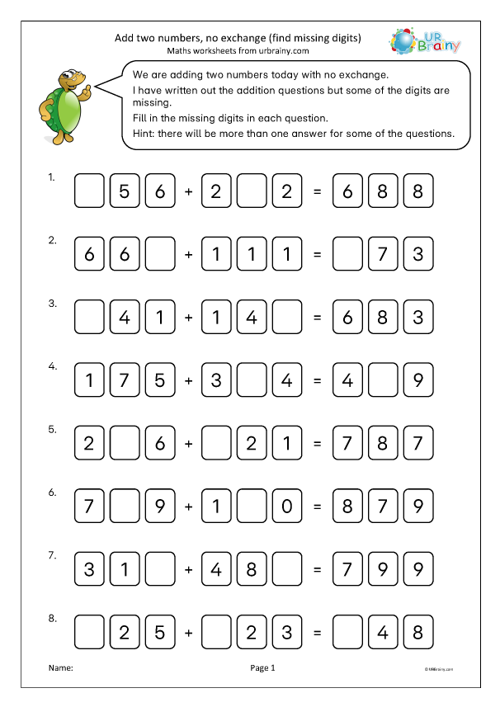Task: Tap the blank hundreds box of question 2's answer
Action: [x=347, y=254]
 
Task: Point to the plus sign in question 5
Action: [x=188, y=443]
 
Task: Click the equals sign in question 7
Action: [x=317, y=569]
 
